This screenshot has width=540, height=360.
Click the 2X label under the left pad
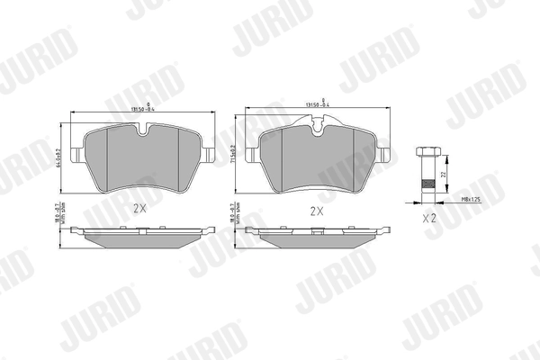point(139,207)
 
